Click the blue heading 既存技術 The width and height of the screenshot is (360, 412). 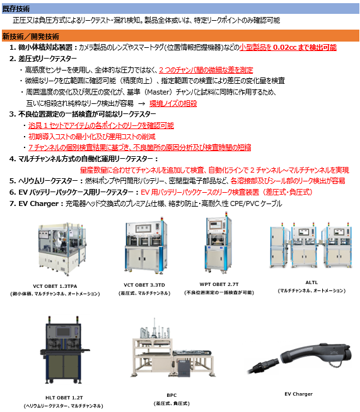[x=16, y=9]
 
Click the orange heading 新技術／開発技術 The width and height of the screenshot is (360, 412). [x=30, y=37]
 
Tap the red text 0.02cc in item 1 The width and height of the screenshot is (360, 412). [x=285, y=47]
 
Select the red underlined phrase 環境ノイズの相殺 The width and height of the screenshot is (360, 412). [x=173, y=103]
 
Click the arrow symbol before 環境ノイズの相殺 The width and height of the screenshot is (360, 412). [x=141, y=103]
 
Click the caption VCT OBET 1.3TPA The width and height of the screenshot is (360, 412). [x=55, y=286]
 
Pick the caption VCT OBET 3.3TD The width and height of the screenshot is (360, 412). [x=144, y=285]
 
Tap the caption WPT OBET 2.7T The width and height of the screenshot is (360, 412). [x=219, y=284]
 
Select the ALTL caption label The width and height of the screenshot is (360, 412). [x=311, y=282]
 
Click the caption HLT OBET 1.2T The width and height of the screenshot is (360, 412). [x=64, y=398]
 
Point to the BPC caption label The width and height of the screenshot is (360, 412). [x=171, y=395]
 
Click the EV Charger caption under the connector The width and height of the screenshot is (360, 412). [x=299, y=394]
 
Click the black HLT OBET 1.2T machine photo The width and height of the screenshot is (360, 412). [x=64, y=350]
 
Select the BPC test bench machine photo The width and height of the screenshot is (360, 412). [x=172, y=348]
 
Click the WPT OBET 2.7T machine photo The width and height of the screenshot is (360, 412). [x=219, y=243]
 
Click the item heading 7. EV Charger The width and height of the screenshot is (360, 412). [x=34, y=203]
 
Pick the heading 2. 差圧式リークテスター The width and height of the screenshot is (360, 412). [x=43, y=59]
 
